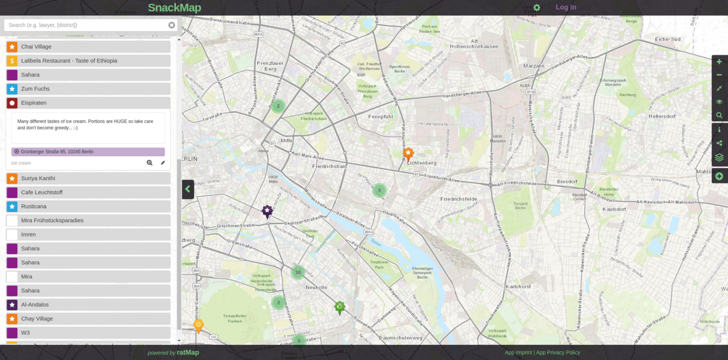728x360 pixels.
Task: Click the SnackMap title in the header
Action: coord(174,8)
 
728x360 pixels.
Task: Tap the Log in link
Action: coord(565,7)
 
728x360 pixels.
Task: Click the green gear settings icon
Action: coord(536,8)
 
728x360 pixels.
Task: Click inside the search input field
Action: coord(85,25)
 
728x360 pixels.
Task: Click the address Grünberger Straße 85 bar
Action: coord(88,152)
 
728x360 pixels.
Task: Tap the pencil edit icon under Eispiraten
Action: coord(163,163)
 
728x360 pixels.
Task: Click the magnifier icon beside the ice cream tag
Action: coord(149,163)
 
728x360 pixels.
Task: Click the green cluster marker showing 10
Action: coord(297,272)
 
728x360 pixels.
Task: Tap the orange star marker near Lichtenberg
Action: coord(408,154)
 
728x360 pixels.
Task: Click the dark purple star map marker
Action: coord(267,211)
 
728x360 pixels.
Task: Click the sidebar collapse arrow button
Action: coord(188,189)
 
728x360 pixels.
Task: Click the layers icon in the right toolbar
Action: coord(720,157)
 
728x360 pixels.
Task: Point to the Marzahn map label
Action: coord(533,66)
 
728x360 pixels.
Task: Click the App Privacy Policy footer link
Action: coord(558,352)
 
